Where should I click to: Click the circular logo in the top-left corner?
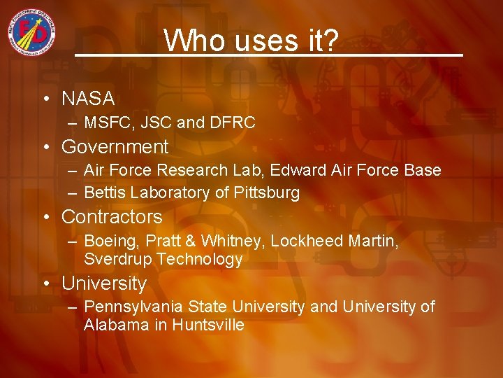click(32, 34)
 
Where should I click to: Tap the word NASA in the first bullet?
click(88, 99)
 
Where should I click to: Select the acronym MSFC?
click(105, 123)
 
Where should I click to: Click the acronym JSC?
click(157, 123)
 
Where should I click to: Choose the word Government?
click(115, 147)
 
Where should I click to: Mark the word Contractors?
click(112, 217)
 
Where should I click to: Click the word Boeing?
click(107, 241)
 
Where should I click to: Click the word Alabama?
click(115, 325)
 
